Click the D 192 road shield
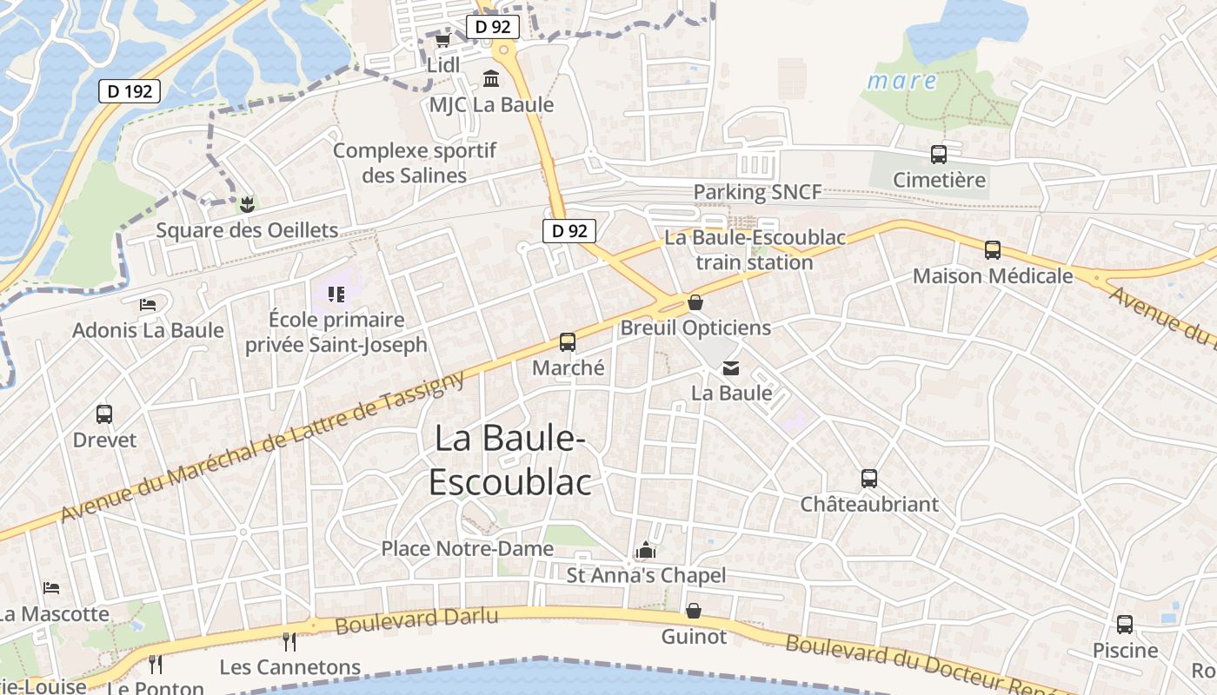click(130, 90)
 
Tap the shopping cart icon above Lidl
click(442, 40)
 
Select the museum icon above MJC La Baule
click(491, 79)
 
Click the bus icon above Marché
click(568, 341)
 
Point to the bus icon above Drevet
click(104, 414)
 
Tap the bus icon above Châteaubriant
click(869, 478)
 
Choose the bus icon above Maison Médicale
click(993, 250)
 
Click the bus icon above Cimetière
click(939, 155)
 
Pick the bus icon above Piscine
click(1125, 624)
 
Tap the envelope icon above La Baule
click(731, 368)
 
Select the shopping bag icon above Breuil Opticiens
click(695, 302)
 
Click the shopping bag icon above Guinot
click(694, 611)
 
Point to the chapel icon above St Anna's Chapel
click(645, 550)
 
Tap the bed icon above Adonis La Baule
click(148, 305)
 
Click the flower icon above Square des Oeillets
click(247, 205)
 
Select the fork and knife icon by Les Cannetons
click(289, 642)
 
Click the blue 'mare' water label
click(902, 82)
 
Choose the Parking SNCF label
click(756, 192)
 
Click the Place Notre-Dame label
click(467, 549)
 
